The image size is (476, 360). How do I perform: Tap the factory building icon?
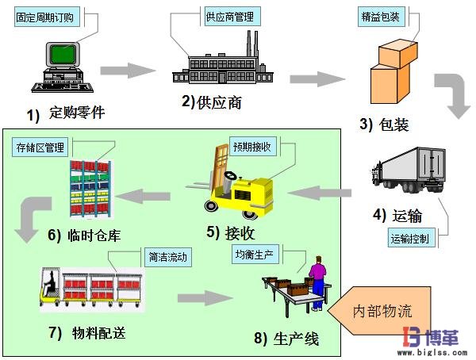click(x=214, y=63)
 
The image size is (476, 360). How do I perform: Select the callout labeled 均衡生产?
click(x=255, y=255)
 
